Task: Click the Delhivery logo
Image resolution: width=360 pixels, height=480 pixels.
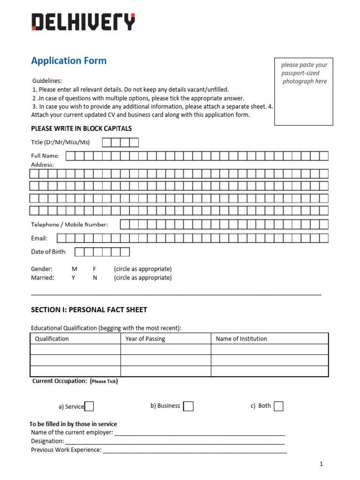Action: click(83, 22)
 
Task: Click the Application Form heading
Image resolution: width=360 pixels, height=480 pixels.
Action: click(69, 60)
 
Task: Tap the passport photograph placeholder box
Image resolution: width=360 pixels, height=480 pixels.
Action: click(304, 92)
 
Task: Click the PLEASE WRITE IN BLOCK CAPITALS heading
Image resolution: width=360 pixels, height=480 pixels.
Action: click(81, 128)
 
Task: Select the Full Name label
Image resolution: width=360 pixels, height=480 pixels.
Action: click(45, 156)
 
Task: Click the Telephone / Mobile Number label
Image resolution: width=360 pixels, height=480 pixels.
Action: click(69, 225)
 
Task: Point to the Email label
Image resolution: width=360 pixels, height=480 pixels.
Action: click(39, 238)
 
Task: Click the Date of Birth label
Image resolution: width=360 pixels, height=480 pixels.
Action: click(49, 252)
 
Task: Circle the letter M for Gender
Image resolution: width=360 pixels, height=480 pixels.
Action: click(74, 269)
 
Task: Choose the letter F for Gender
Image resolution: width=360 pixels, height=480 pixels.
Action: click(95, 269)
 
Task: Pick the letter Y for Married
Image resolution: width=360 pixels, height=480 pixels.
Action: click(74, 277)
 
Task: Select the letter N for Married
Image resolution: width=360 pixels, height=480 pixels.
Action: click(95, 277)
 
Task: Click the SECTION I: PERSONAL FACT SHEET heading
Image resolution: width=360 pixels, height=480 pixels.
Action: click(89, 310)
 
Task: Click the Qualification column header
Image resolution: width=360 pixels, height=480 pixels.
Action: click(52, 338)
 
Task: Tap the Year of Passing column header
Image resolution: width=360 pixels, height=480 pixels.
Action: click(145, 338)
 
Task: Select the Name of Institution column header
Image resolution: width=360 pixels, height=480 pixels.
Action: click(241, 338)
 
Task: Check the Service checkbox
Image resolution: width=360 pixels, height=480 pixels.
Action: click(89, 406)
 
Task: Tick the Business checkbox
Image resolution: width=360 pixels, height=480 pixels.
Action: click(188, 406)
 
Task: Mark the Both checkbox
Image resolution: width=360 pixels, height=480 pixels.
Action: click(278, 406)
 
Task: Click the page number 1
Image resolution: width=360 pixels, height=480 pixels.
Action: click(322, 464)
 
